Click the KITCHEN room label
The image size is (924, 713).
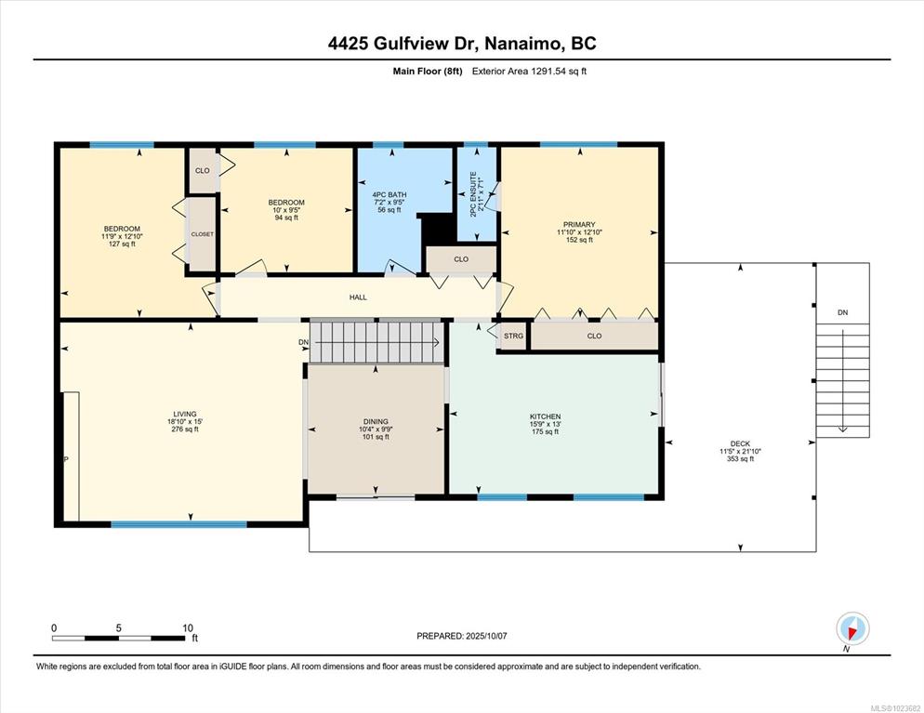pos(545,416)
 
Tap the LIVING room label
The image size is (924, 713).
pos(184,415)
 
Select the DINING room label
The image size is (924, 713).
pos(376,422)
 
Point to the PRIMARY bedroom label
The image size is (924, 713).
pos(579,225)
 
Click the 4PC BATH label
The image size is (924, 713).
pos(389,195)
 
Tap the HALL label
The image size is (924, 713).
pos(358,297)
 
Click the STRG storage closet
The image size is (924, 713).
pos(513,337)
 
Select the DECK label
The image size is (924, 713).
pos(740,443)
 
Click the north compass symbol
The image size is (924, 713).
pos(852,629)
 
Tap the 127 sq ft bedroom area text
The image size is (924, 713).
pos(122,244)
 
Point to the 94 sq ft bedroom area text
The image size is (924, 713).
pos(286,218)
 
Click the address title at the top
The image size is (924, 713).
pos(462,44)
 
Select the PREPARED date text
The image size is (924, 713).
pos(462,636)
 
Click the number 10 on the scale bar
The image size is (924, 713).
pos(188,628)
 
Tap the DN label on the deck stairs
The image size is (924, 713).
pos(843,312)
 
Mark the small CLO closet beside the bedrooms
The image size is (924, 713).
pos(203,170)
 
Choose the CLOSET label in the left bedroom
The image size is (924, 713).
pos(202,234)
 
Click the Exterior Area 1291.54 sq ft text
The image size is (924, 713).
pos(529,72)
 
